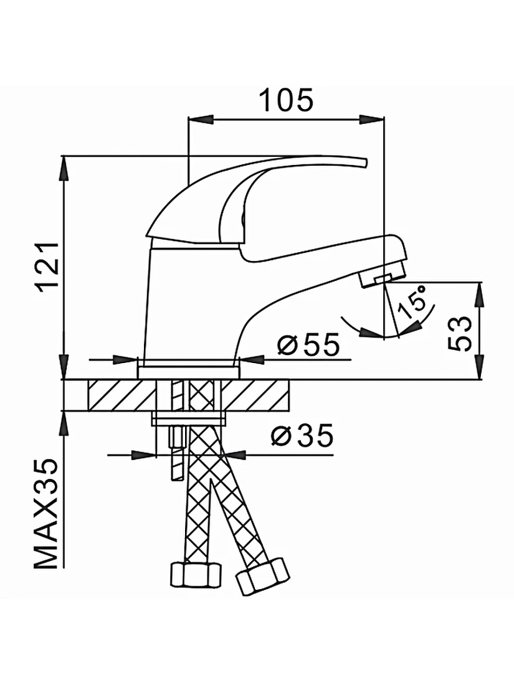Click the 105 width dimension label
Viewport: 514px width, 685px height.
[287, 100]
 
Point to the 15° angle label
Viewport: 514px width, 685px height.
[412, 302]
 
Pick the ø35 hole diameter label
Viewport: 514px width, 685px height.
[302, 435]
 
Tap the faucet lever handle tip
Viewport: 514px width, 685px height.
[364, 163]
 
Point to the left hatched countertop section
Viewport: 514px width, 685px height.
[121, 395]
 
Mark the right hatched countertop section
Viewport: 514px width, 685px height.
[255, 395]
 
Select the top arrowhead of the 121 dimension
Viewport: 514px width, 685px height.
[64, 168]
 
